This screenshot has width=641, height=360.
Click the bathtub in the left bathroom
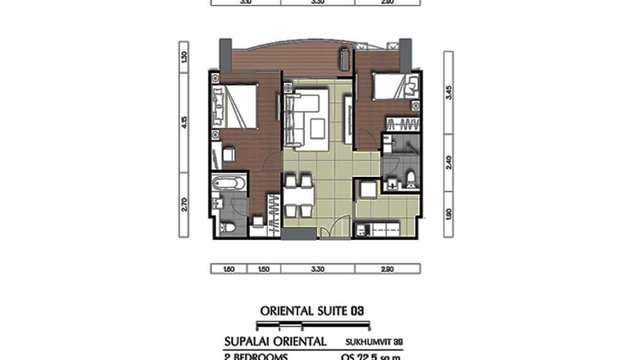tap(228, 183)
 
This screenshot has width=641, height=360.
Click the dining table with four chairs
tap(298, 195)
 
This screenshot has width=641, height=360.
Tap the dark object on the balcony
tap(343, 59)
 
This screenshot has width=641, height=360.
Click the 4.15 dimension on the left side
tap(184, 123)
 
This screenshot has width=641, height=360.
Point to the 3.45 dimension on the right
tap(449, 92)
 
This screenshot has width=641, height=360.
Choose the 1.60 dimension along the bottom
tap(229, 269)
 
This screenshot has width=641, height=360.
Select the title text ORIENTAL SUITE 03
tap(312, 311)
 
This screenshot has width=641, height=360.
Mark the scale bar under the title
tap(313, 327)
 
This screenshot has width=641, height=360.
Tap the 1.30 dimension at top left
tap(184, 57)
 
